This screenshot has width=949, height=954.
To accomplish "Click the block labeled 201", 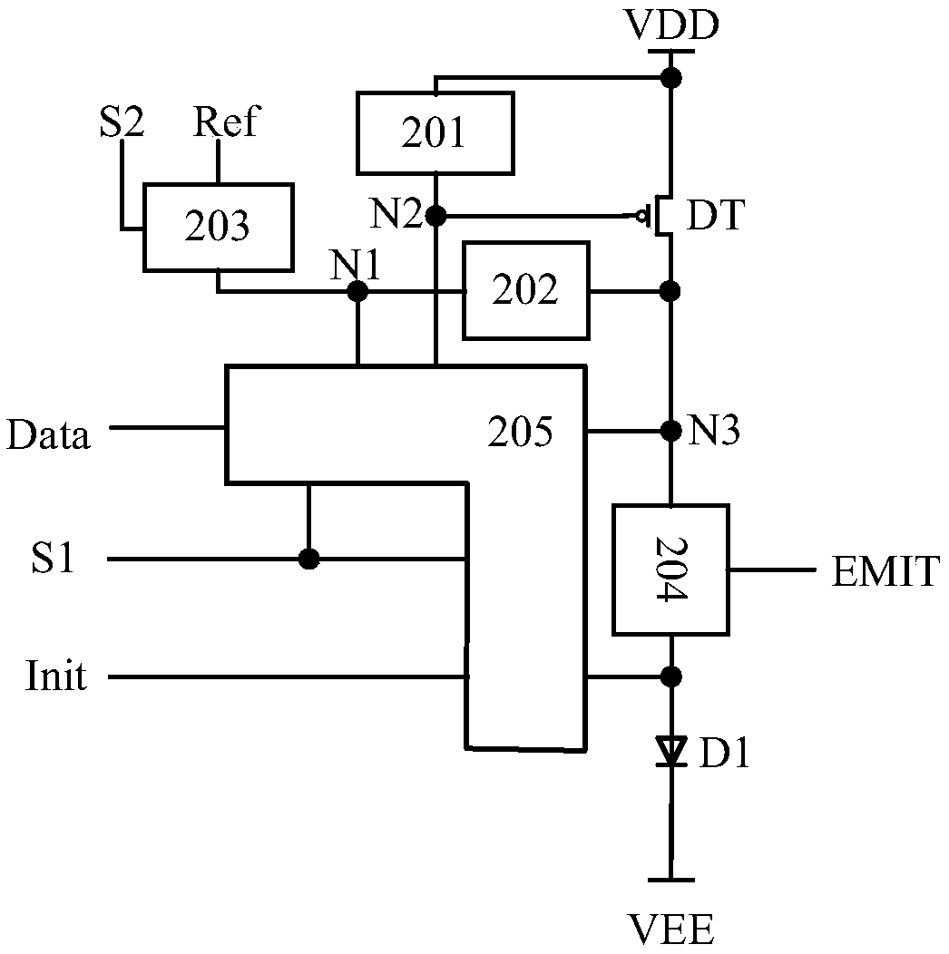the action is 435,132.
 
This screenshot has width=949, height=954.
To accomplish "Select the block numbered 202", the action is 526,290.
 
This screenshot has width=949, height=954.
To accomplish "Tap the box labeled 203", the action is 219,227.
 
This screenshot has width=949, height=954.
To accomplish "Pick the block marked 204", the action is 670,570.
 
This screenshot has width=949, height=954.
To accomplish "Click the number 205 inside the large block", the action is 521,432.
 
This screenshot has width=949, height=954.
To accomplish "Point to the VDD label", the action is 672,25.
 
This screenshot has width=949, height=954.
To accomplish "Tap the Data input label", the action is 49,434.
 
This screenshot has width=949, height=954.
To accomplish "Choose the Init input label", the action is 56,676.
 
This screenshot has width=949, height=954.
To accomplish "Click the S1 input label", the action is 53,558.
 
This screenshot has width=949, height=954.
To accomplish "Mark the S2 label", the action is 122,121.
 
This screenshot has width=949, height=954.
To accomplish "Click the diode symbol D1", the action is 671,750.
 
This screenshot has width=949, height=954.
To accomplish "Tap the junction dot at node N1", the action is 357,291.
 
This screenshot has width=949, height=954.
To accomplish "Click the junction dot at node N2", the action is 435,216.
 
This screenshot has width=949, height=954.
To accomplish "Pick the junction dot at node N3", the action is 670,431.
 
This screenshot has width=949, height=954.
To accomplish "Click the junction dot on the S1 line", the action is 309,558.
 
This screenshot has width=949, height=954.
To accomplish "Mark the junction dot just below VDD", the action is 670,78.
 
